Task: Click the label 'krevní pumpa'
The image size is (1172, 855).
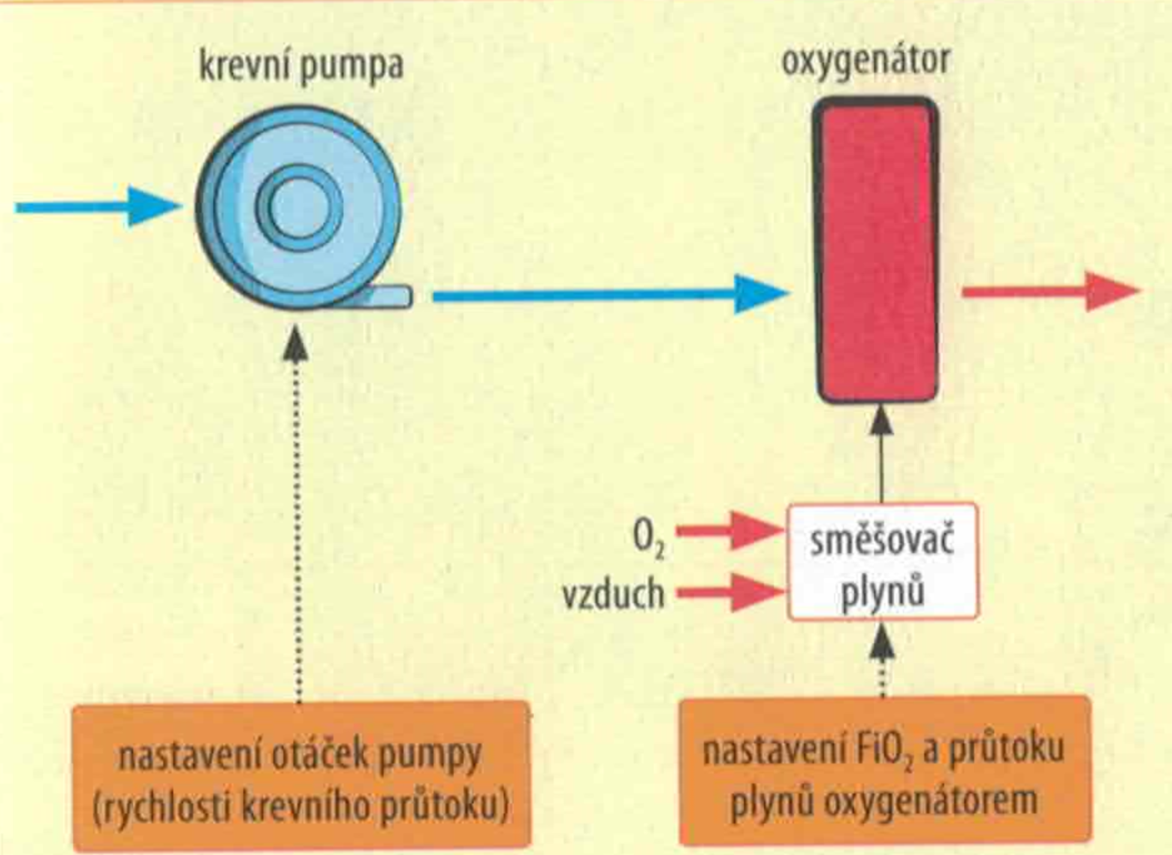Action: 301,66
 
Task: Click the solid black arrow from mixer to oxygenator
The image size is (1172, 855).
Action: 881,455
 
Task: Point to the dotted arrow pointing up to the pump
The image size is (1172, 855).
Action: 297,515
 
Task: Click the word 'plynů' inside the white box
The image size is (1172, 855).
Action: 882,593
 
